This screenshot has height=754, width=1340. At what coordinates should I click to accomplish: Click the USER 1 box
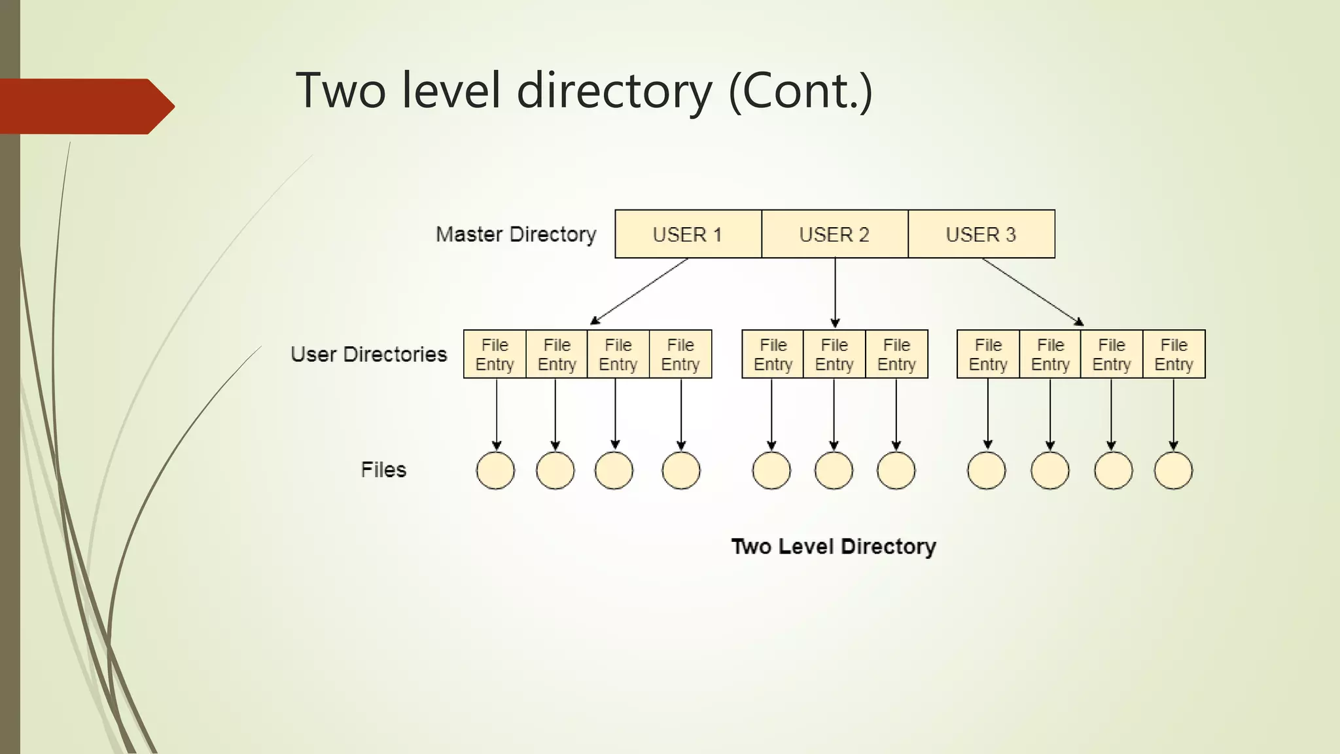point(688,234)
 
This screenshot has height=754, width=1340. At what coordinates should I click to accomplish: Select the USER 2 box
point(834,234)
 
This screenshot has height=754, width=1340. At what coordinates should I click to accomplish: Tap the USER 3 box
point(981,234)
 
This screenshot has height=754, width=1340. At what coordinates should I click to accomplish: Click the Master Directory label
point(516,234)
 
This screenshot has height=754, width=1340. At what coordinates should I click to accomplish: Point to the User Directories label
point(368,354)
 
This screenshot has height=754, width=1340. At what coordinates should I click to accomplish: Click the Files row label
point(383,469)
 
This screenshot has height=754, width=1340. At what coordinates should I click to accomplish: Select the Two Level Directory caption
point(833,547)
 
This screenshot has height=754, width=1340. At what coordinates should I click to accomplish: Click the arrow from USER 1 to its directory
point(639,291)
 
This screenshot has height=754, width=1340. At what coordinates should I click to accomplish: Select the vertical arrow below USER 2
point(835,293)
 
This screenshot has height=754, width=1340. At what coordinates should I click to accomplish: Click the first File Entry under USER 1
point(495,354)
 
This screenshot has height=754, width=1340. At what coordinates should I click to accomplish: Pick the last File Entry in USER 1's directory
point(680,354)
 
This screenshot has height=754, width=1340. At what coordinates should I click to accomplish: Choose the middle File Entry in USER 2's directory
point(834,354)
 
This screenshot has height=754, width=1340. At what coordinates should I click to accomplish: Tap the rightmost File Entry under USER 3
point(1174,354)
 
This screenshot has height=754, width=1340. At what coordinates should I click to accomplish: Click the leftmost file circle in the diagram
point(495,471)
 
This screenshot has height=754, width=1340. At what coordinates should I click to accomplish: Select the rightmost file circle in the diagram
point(1173,471)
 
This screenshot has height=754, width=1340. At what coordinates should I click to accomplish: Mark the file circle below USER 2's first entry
point(771,471)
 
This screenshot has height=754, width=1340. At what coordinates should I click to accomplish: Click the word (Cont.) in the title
point(800,91)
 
